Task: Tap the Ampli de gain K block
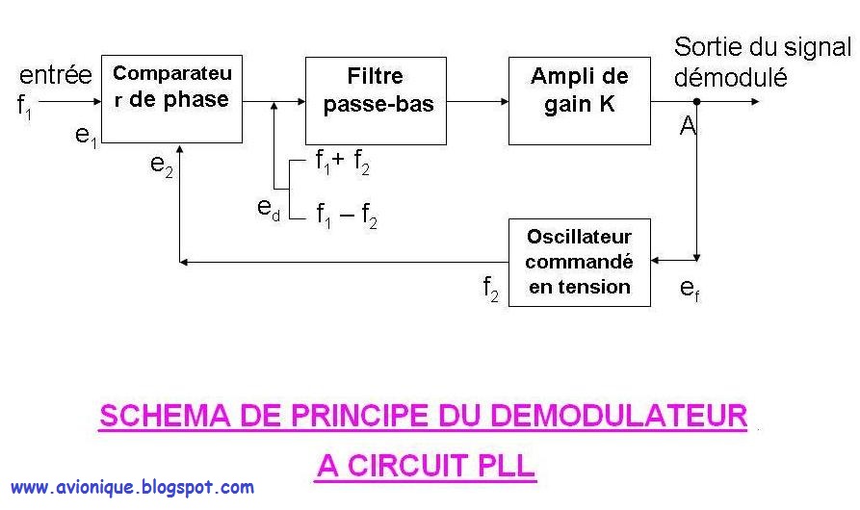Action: tap(579, 100)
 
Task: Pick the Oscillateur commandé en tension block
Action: tap(579, 262)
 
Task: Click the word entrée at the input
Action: tap(56, 75)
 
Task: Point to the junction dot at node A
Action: tap(697, 100)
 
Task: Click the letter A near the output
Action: tap(688, 126)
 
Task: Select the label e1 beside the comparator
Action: tap(87, 136)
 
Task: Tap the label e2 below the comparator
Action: tap(161, 165)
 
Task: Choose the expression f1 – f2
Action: tap(346, 217)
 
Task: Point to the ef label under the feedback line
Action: tap(690, 288)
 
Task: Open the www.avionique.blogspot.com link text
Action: tap(132, 488)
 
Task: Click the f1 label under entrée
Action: tap(25, 106)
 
